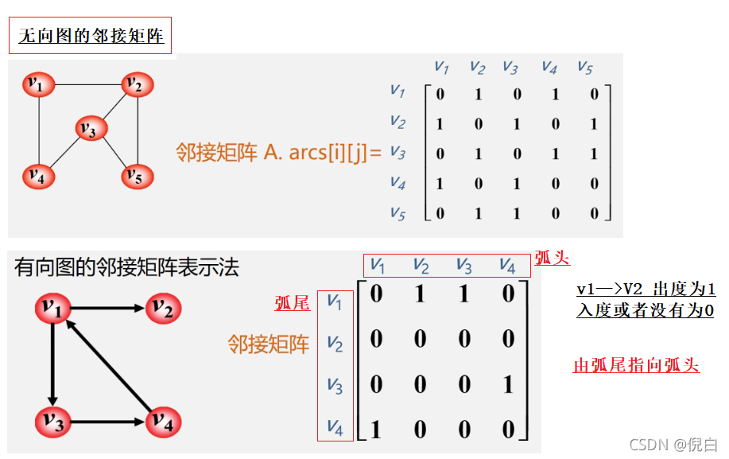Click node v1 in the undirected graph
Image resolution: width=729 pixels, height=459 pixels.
point(38,84)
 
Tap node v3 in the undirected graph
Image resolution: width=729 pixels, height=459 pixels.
point(91,128)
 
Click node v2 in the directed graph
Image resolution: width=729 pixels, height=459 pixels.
point(163,308)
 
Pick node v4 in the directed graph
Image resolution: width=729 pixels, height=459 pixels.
point(162,422)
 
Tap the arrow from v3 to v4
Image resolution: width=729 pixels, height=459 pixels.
point(107,422)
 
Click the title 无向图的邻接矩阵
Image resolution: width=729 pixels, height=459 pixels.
point(91,36)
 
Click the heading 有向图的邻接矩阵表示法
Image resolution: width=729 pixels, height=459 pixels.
point(126,267)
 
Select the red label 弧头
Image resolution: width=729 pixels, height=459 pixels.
point(553,258)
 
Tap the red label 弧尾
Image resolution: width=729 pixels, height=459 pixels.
point(293,303)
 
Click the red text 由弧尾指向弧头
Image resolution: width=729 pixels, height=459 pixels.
point(636,365)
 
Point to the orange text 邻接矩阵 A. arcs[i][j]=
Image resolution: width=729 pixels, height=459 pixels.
point(278,152)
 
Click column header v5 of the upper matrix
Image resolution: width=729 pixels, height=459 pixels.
point(585,67)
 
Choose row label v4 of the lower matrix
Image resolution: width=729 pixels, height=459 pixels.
point(335,430)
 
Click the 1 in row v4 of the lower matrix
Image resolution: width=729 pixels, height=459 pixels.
point(376,430)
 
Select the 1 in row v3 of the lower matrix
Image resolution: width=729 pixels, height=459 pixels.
point(507,385)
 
